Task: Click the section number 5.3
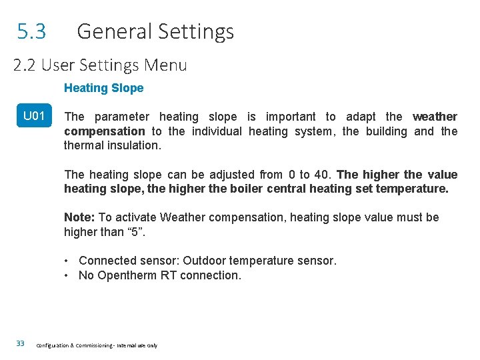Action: tap(31, 31)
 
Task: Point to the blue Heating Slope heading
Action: tap(103, 88)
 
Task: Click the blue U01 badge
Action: tap(34, 117)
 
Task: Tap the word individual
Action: tap(217, 131)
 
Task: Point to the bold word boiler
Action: tap(245, 189)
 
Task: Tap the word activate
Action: tap(135, 217)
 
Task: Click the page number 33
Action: tap(20, 343)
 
